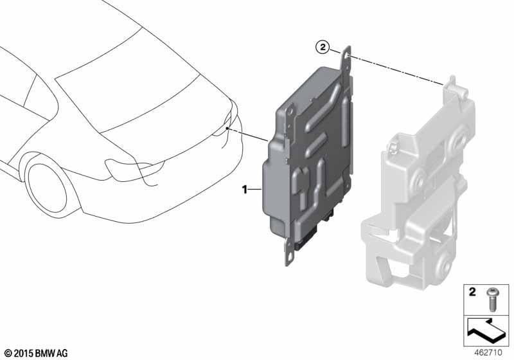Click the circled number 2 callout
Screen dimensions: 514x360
[x=323, y=47]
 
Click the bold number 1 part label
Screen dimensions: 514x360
[x=245, y=190]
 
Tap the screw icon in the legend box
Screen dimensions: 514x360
[x=492, y=300]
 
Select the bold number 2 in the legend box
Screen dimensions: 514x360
[x=472, y=292]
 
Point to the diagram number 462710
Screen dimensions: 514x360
[x=488, y=352]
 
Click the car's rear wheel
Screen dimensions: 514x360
[x=49, y=188]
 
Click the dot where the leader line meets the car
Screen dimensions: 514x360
[x=227, y=129]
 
